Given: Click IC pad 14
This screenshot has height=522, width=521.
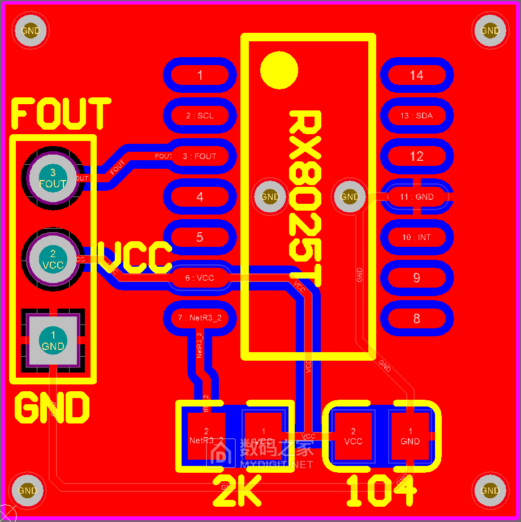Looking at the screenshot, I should [x=417, y=75].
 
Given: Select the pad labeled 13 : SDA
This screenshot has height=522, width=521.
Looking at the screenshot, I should [x=417, y=115].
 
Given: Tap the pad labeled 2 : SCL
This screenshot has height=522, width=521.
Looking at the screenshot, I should [x=200, y=115].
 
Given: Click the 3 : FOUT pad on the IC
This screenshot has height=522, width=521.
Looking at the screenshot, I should [x=200, y=156].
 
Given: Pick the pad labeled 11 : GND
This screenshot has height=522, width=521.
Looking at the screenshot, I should [x=417, y=196].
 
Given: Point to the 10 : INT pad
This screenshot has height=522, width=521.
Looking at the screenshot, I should [x=417, y=237].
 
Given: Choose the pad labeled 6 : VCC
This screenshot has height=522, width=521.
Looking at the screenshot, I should [x=200, y=278].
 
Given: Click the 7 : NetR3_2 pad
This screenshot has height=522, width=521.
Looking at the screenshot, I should [x=200, y=318].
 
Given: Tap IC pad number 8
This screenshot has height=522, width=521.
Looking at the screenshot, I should [x=417, y=318].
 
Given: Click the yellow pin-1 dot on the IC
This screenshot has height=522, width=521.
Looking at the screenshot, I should [x=279, y=70].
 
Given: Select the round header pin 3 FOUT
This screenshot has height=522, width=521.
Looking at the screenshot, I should [x=53, y=178].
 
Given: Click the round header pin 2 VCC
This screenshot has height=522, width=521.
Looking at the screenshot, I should [x=53, y=259].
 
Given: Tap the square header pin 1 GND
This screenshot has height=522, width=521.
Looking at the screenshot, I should [x=53, y=340].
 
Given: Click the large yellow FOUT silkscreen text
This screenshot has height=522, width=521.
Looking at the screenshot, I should [x=61, y=113].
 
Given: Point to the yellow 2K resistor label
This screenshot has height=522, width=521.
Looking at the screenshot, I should [x=236, y=490].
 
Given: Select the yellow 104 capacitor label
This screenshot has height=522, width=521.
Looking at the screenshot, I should [x=381, y=490].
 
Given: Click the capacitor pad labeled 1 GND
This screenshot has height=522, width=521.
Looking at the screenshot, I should [x=410, y=436].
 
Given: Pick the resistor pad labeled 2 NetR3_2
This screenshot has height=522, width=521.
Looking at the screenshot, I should [x=206, y=436].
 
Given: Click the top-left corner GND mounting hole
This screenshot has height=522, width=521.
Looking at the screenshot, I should [x=30, y=31].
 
